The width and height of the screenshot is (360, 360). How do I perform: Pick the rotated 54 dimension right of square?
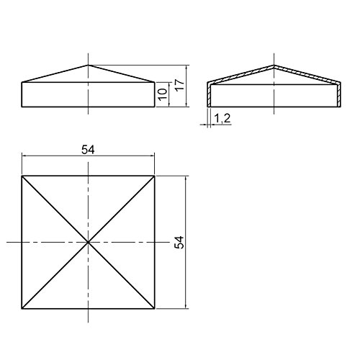pos(180,243)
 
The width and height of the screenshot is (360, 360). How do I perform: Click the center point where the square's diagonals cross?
pos(89,243)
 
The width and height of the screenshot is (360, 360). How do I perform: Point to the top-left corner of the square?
pos(22,176)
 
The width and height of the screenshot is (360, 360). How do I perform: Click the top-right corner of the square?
pos(156,176)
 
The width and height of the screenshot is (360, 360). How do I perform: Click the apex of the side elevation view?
pos(89,66)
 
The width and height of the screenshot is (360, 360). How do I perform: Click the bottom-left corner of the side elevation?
pos(22,107)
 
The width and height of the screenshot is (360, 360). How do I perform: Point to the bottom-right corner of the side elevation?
pos(156,107)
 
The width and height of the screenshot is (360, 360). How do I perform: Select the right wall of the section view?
pos(341,95)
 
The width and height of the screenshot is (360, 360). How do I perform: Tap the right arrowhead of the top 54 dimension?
pos(153,155)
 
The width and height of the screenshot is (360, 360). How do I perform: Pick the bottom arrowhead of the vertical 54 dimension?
pos(186,307)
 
